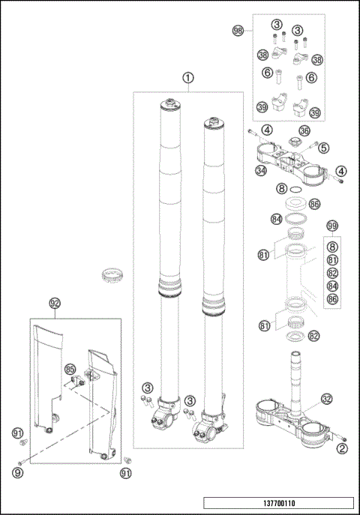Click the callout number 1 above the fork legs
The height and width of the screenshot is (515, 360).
coord(188,78)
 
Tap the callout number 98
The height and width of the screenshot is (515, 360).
coord(238,31)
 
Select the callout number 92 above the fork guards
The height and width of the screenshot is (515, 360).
coord(55,303)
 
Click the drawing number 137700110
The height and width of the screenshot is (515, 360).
coord(279,503)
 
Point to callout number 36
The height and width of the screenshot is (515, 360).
coord(304,130)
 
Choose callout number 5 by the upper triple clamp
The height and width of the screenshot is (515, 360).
coord(324,148)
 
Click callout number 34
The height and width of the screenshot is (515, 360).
coord(262,170)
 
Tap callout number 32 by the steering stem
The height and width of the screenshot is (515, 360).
coord(326,399)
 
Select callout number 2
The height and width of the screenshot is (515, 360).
coord(343,448)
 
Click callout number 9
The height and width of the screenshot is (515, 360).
coord(18,472)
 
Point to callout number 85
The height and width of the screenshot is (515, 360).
coord(70,369)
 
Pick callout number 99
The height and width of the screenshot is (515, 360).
coord(332,226)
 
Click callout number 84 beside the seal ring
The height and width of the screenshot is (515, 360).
coord(277,219)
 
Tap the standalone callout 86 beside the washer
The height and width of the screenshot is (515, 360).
coord(314,204)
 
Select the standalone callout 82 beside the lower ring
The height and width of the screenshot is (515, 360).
coord(314,336)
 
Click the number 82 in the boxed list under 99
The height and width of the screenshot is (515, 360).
coord(332,274)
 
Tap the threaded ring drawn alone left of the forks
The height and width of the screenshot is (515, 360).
coord(112,275)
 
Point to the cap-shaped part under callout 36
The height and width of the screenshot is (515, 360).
coord(294,142)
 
